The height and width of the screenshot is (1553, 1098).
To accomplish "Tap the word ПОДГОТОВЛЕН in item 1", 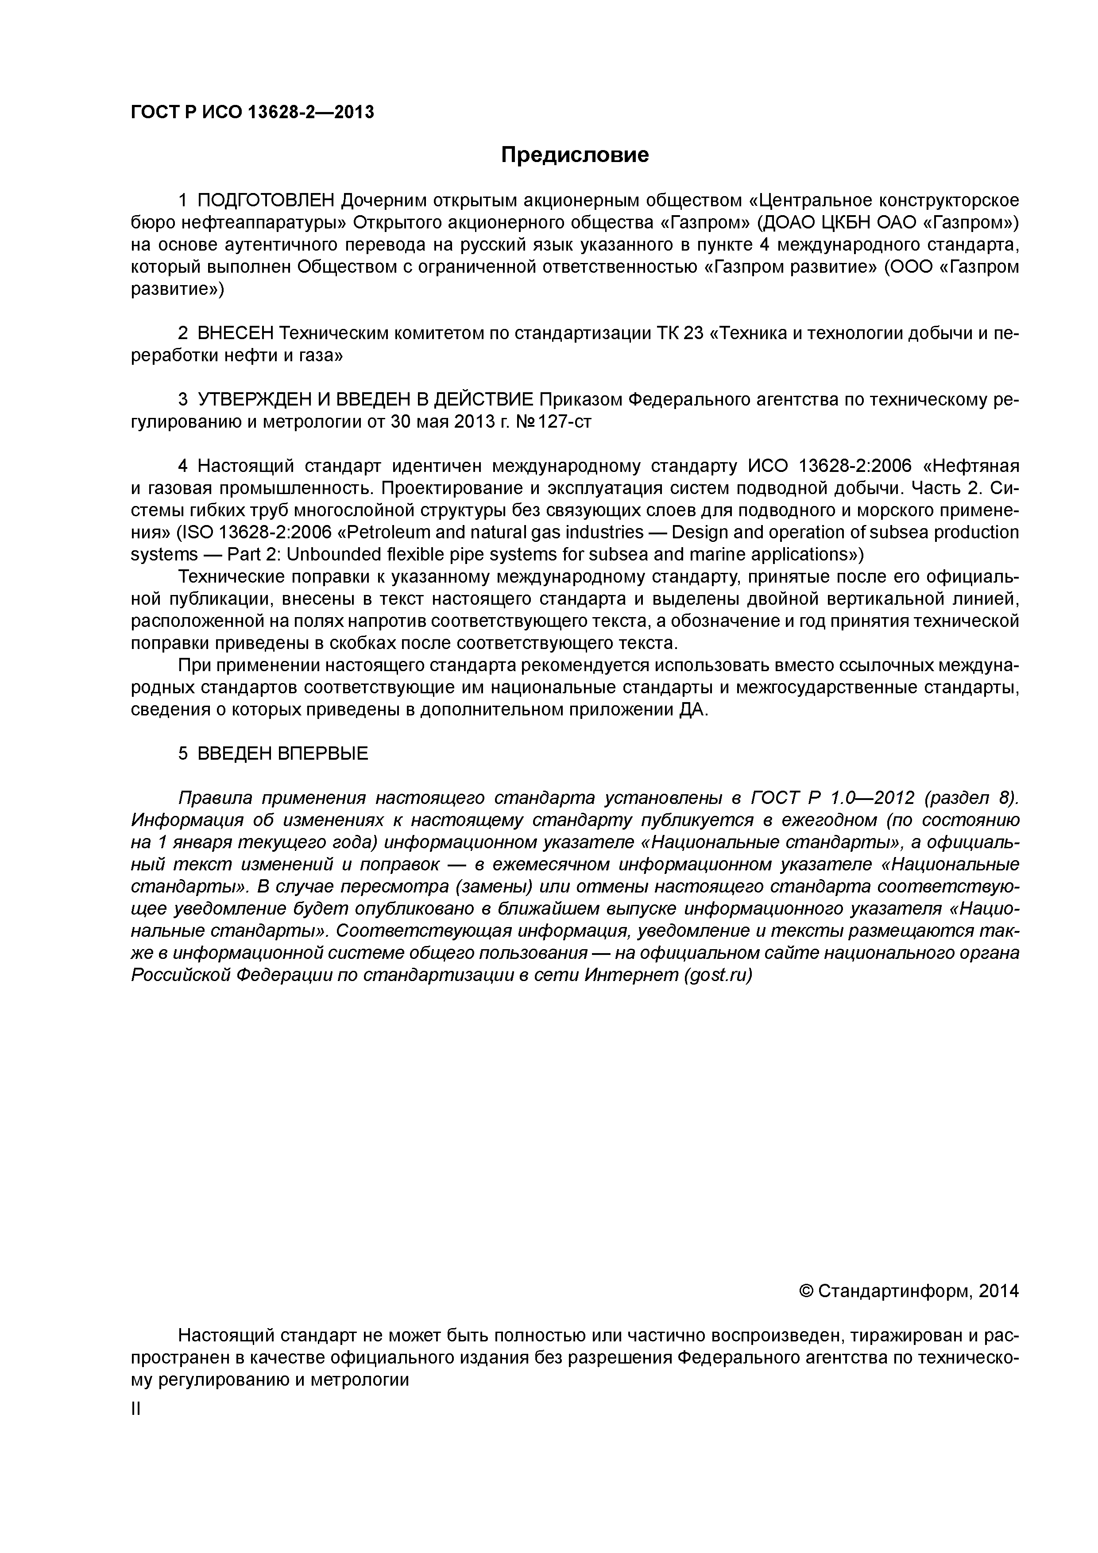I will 266,201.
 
